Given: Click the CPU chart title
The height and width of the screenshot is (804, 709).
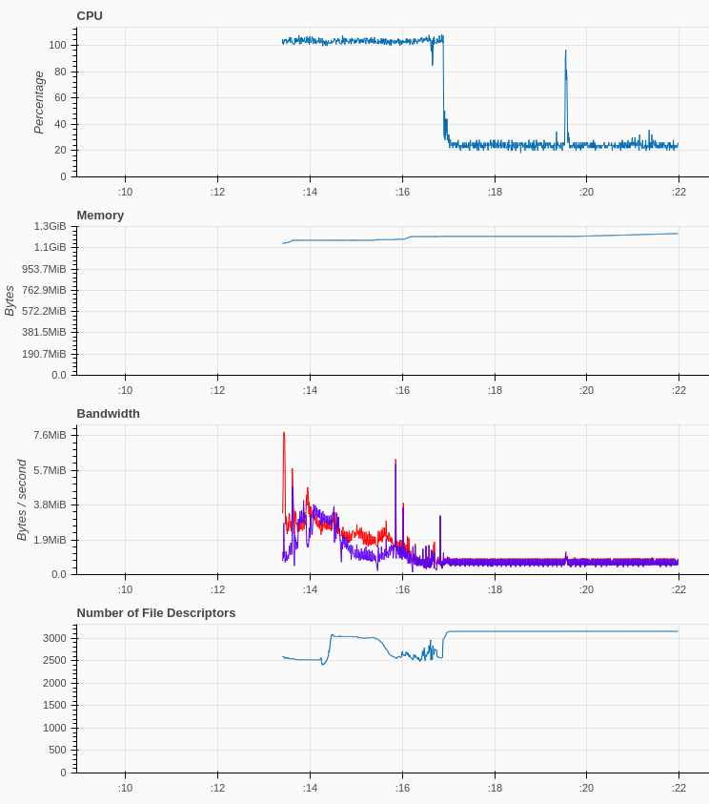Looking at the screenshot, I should (90, 16).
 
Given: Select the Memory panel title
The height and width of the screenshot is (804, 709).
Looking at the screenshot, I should (100, 216).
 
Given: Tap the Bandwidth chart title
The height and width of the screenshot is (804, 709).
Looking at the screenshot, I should (108, 414).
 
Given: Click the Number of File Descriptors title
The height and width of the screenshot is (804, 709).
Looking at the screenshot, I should (155, 613).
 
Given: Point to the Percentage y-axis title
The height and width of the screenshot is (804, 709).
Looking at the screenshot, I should (39, 102).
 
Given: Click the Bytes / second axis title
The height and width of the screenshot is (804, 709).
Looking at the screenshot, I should (22, 500).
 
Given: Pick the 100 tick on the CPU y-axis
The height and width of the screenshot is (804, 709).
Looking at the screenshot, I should (57, 45).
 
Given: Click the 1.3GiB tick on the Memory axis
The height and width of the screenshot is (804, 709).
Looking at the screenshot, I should (51, 227).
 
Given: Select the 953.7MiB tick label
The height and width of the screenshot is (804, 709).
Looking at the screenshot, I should (45, 269).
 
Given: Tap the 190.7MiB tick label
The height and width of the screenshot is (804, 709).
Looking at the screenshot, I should (45, 354).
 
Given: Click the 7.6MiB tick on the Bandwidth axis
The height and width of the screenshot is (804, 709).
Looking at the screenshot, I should (51, 435).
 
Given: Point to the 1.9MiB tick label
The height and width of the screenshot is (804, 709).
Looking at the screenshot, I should (51, 540).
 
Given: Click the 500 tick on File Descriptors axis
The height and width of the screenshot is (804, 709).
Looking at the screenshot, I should (59, 751).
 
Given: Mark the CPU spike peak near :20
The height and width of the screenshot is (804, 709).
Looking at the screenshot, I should (565, 52).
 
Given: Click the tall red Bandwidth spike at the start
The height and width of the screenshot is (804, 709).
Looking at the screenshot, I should (284, 434).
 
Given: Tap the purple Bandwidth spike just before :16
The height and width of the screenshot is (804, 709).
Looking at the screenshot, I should (395, 461).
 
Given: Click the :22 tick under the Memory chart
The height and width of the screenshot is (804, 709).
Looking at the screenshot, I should (679, 390).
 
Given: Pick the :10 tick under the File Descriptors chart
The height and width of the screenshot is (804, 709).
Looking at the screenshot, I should (125, 788).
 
